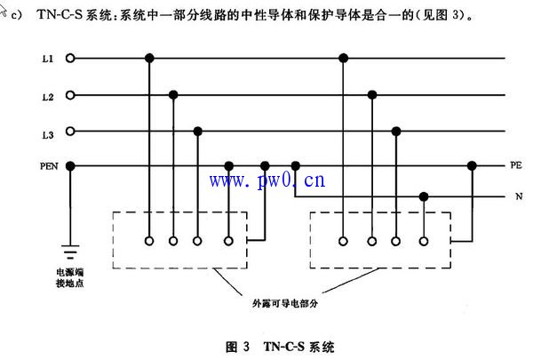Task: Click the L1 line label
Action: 47,59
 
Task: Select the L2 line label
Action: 47,95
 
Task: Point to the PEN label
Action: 47,165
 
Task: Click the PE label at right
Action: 515,165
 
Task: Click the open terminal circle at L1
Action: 70,59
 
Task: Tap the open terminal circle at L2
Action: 70,95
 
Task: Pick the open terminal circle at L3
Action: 70,132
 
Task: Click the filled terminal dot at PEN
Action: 70,165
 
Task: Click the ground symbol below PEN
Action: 70,251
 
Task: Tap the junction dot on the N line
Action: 426,197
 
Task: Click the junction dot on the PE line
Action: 472,165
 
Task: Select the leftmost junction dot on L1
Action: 150,59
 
